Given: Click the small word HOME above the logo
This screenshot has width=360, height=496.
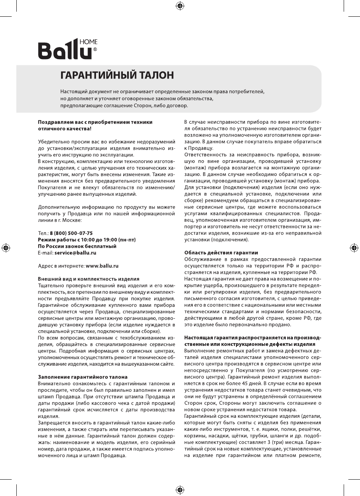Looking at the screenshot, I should pyautogui.click(x=88, y=42).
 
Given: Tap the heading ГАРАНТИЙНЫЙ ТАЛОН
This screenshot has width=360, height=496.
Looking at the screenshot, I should pyautogui.click(x=117, y=75).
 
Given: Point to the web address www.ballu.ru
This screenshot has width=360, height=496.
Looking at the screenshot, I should pyautogui.click(x=102, y=266).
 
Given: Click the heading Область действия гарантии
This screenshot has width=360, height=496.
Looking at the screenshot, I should pyautogui.click(x=221, y=252).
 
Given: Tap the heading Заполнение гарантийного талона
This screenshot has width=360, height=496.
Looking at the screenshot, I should pyautogui.click(x=82, y=377).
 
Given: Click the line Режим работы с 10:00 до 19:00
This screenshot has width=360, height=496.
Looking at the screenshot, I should pyautogui.click(x=87, y=239).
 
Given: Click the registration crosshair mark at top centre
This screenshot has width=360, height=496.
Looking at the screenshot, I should pyautogui.click(x=180, y=5).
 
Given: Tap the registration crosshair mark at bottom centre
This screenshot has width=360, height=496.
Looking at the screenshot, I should pyautogui.click(x=180, y=489).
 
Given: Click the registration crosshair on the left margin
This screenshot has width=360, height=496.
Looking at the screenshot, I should pyautogui.click(x=5, y=247).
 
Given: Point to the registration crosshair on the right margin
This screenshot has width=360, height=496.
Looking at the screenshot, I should pyautogui.click(x=354, y=247).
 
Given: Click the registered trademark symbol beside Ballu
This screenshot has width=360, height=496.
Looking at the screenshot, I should pyautogui.click(x=95, y=49).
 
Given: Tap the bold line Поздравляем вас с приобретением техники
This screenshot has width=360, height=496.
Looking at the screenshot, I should pyautogui.click(x=95, y=122).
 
